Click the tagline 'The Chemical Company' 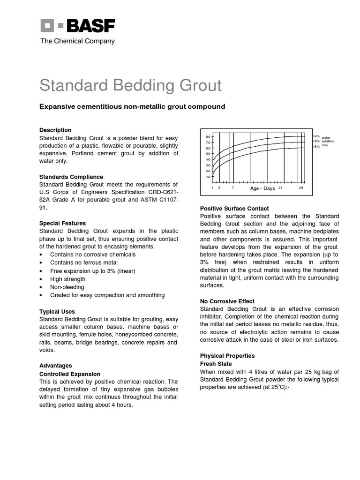point(77,41)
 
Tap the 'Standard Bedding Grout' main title point(130,86)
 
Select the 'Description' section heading point(55,130)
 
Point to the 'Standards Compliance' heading point(71,177)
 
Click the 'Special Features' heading point(62,223)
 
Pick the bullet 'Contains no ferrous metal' point(84,263)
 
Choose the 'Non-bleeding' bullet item point(67,287)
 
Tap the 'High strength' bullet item point(68,279)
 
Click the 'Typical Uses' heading point(57,311)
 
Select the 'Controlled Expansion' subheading point(69,374)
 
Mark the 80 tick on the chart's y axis point(208,136)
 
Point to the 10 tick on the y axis point(208,177)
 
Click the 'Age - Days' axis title point(262,188)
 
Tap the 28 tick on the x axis point(301,187)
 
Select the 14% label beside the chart point(316,136)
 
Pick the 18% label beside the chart point(316,146)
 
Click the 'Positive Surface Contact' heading point(234,208)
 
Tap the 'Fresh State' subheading point(216,364)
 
